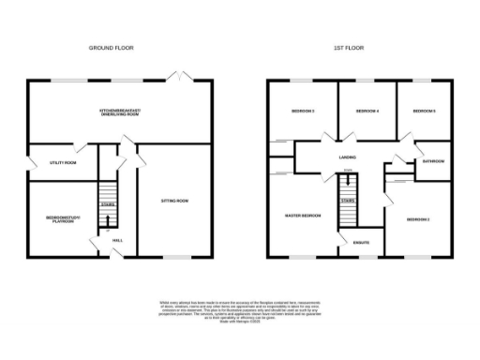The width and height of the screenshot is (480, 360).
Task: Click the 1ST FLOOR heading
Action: [348, 47]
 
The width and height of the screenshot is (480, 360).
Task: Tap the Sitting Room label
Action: [175, 201]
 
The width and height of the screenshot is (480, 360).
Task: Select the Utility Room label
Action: [63, 162]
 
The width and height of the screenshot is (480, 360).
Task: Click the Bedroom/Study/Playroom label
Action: [65, 219]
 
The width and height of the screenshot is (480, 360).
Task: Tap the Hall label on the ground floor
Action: [118, 241]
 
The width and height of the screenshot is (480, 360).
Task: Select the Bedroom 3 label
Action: [302, 112]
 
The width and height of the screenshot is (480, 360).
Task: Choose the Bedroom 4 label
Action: [367, 112]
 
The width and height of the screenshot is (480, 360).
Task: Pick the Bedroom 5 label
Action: [425, 112]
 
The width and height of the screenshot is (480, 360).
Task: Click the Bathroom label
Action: [433, 161]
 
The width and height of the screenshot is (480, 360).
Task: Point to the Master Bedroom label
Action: [303, 216]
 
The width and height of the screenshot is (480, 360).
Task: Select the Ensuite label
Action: [361, 244]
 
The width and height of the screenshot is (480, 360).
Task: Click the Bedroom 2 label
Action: [418, 218]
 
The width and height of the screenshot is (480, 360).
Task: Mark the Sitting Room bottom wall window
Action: [175, 257]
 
